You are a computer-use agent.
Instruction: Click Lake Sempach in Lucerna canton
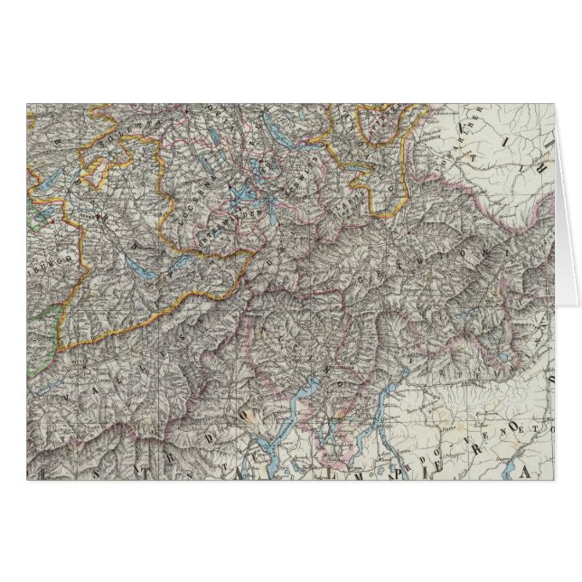[x=214, y=164]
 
